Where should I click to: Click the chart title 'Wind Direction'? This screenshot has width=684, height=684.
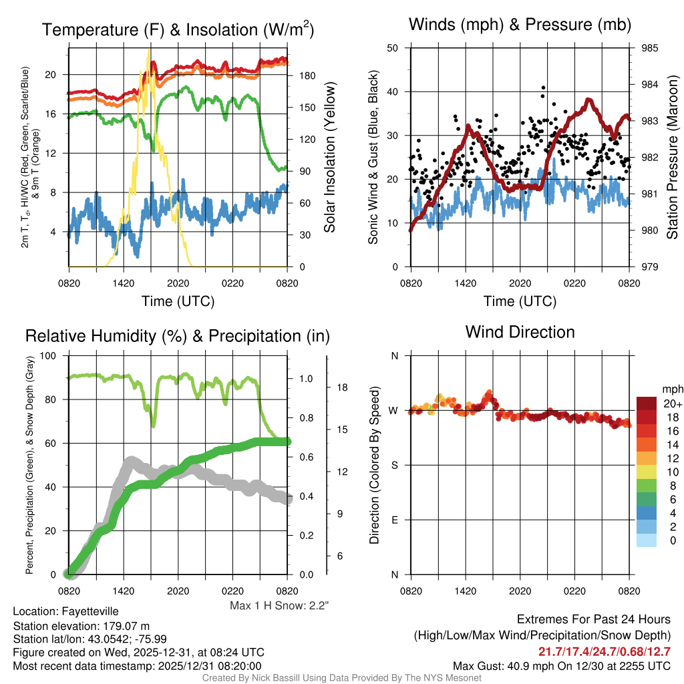click(x=520, y=331)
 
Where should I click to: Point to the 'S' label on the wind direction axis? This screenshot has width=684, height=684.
click(x=394, y=465)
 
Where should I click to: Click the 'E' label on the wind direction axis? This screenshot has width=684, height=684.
click(x=394, y=520)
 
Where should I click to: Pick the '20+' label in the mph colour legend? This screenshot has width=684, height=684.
click(x=672, y=403)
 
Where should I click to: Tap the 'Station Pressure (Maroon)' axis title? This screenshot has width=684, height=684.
click(x=672, y=158)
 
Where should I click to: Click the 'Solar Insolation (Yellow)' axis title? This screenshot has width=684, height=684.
click(x=329, y=158)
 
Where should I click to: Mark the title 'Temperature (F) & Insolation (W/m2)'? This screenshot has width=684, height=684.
click(x=178, y=29)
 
